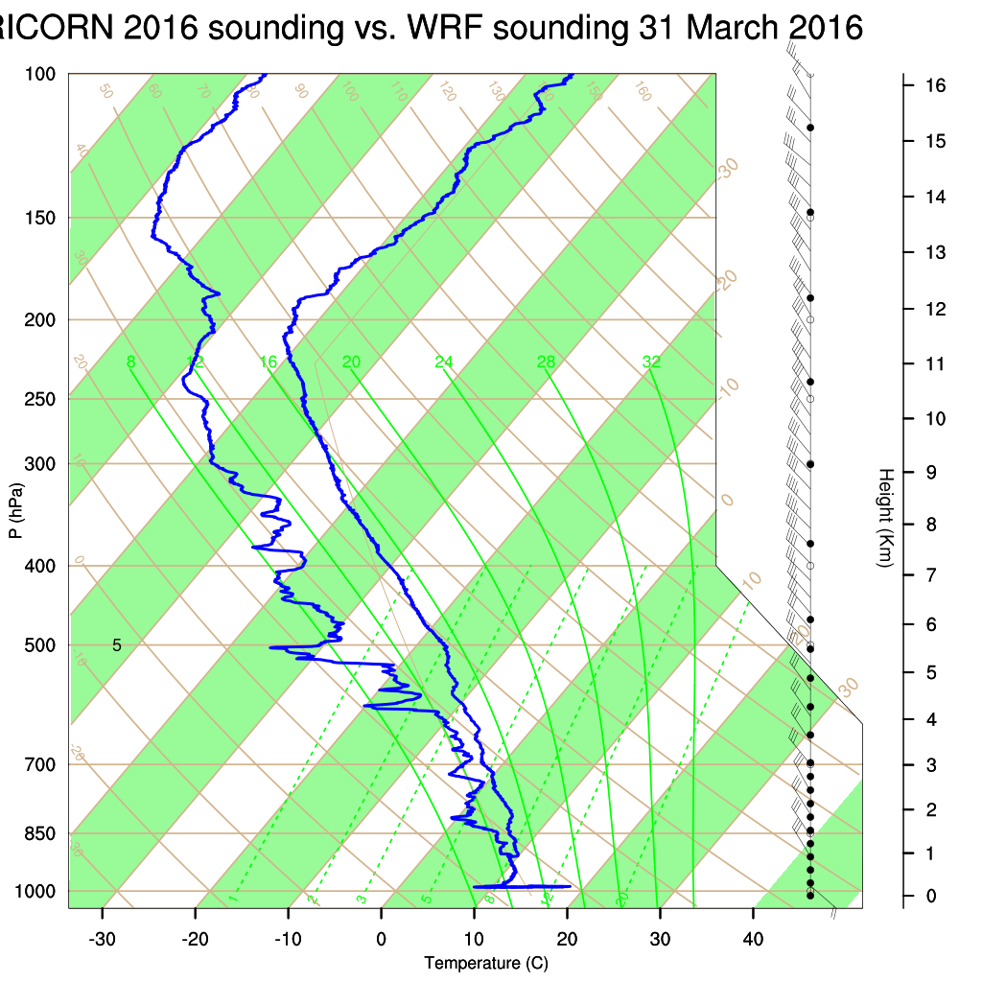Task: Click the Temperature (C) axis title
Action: tap(486, 963)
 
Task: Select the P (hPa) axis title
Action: tap(15, 509)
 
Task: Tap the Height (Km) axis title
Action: tap(886, 517)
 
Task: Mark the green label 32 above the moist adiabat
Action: tap(651, 362)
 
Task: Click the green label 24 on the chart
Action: tap(443, 362)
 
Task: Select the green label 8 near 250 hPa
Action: tap(131, 362)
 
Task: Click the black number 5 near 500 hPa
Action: tap(117, 644)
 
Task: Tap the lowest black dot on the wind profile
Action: tap(810, 896)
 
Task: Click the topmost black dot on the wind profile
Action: tap(810, 128)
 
